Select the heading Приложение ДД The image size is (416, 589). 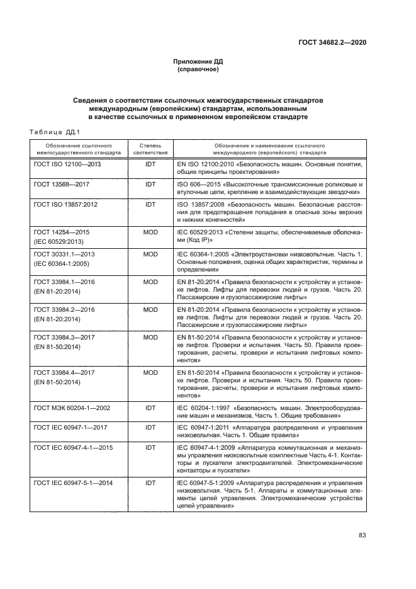[x=198, y=62]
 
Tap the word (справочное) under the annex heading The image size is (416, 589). [x=198, y=69]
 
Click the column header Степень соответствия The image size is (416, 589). [x=150, y=149]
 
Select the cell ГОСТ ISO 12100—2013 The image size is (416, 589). [x=67, y=164]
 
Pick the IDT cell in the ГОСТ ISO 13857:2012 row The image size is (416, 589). [x=150, y=205]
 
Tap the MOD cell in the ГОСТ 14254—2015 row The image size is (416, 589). [x=150, y=232]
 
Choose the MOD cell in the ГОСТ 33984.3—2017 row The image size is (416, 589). [x=150, y=337]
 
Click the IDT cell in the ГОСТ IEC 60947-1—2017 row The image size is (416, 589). [x=150, y=428]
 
